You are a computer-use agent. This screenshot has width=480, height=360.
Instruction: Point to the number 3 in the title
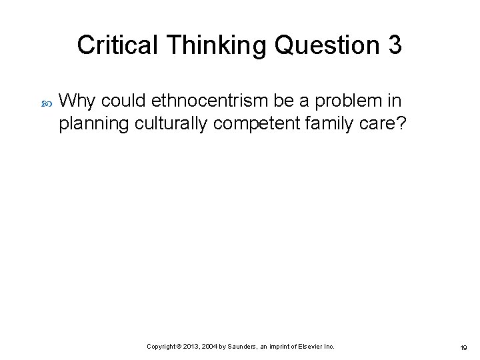(394, 45)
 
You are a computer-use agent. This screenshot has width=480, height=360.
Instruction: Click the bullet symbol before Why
(45, 102)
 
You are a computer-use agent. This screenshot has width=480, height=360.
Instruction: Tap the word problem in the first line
(346, 101)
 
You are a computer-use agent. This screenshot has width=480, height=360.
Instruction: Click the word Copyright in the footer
(161, 347)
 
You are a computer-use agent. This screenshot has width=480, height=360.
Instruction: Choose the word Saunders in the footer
(247, 347)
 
